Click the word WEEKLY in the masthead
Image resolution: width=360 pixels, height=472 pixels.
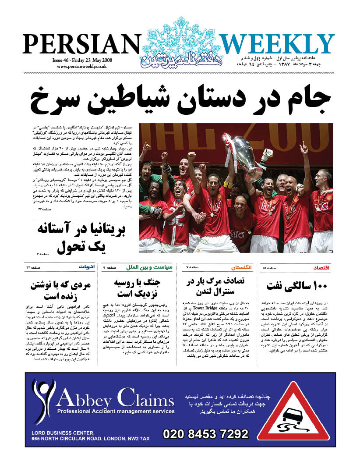277,44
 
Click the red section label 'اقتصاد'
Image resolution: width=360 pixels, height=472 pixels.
322,267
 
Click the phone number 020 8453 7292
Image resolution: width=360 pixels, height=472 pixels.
205,434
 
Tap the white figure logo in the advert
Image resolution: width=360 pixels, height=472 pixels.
43,401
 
